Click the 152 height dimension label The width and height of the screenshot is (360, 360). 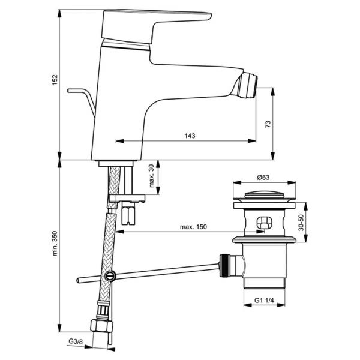coord(55,80)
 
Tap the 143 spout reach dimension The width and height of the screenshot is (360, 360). coord(190,136)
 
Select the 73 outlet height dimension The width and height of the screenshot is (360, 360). coord(268,124)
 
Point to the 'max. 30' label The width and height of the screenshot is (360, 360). coord(151,176)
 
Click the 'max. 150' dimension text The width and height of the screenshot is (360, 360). coord(193,227)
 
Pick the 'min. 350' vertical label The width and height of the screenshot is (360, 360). coord(55,244)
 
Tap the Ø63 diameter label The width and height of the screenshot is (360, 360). coord(263,177)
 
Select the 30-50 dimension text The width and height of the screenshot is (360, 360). coord(301,223)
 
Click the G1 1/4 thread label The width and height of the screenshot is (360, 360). coord(264,301)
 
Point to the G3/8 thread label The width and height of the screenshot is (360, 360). coord(76,341)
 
